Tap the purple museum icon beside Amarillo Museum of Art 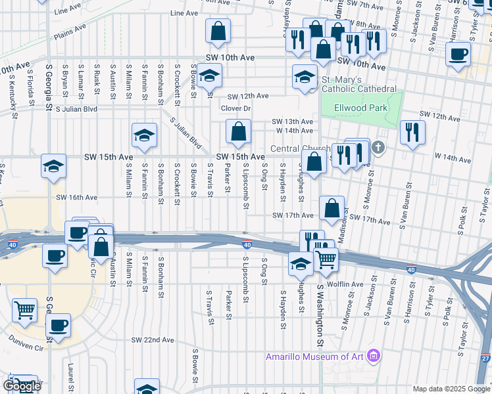[374, 357]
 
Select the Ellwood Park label [359, 107]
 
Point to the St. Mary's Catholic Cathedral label [358, 84]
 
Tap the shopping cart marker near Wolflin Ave [326, 259]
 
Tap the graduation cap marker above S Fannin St [144, 135]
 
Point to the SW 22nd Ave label [153, 340]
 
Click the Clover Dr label [236, 108]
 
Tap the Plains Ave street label [71, 32]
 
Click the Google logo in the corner [22, 386]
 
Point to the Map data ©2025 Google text [451, 389]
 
